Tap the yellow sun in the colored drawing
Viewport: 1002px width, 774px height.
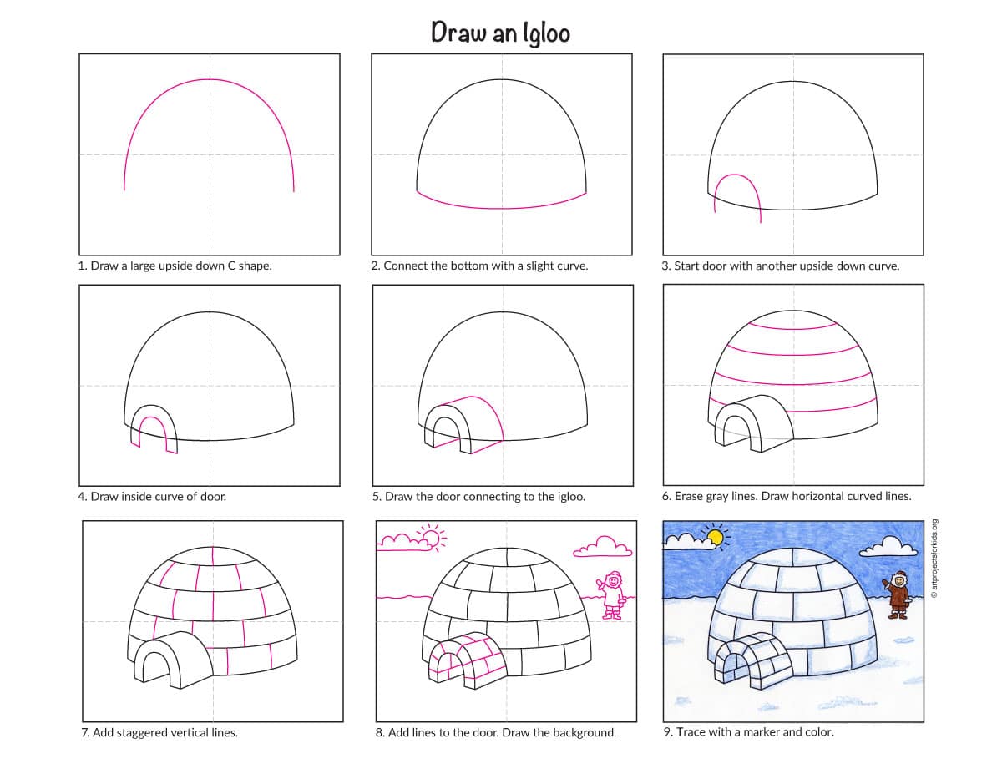(x=715, y=538)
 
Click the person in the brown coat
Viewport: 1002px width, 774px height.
(x=897, y=594)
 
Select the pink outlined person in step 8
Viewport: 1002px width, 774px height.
(x=611, y=595)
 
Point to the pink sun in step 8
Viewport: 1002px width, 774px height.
(x=432, y=538)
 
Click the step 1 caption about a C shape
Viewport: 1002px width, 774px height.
(x=175, y=266)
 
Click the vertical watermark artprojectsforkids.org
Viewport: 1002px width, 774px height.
(x=934, y=559)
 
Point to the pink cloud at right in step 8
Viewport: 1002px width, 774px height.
(x=602, y=547)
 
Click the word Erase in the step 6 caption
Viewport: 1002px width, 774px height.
(x=690, y=497)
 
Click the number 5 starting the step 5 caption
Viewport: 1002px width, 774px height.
(x=377, y=497)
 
